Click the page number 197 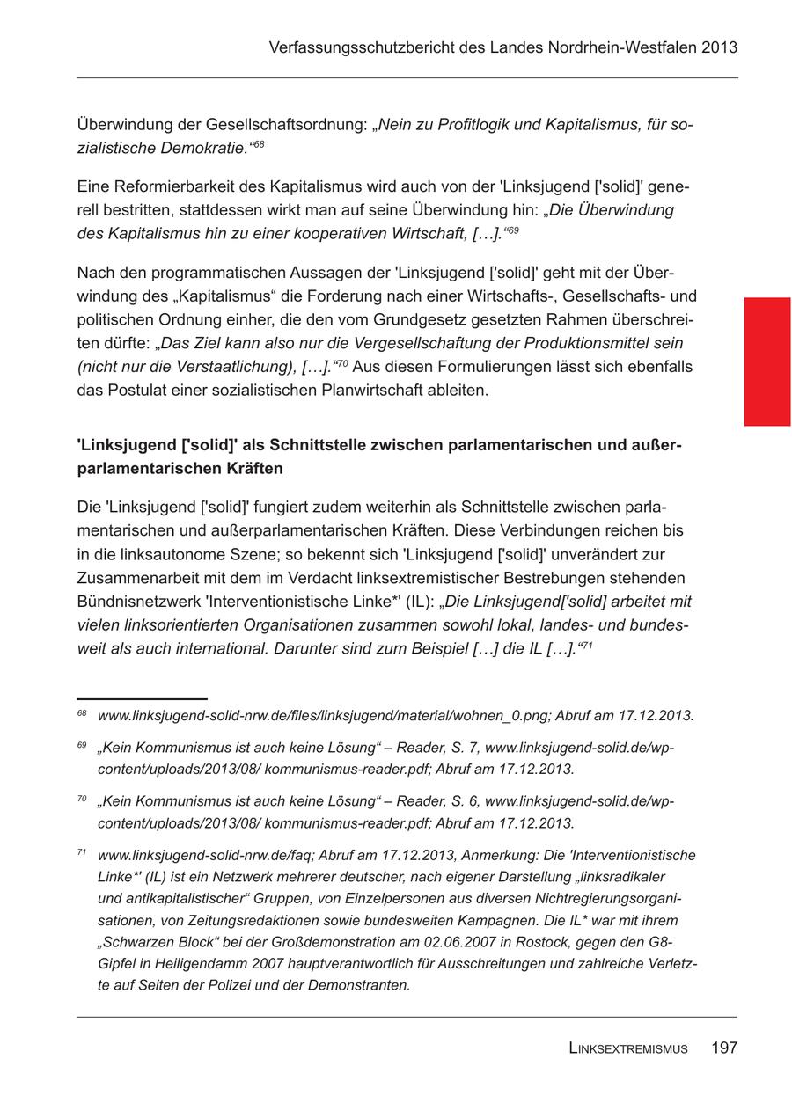tap(724, 1048)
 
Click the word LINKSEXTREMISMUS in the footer tap(628, 1048)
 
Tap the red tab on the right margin tap(766, 361)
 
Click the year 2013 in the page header tap(720, 47)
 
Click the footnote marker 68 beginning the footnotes tap(82, 714)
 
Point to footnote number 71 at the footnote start tap(82, 853)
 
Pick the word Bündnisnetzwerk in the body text tap(136, 602)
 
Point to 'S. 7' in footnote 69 tap(458, 748)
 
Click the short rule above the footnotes tap(142, 698)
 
